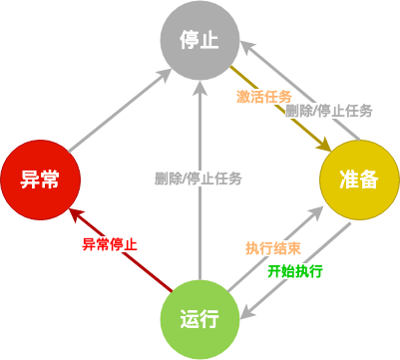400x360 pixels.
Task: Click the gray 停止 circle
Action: pos(200,41)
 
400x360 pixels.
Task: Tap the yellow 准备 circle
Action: pos(358,180)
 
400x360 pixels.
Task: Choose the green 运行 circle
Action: pos(200,318)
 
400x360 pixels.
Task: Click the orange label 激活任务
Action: pos(263,96)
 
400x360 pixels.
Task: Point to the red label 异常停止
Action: pos(110,243)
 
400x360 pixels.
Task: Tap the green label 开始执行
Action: pos(295,270)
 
